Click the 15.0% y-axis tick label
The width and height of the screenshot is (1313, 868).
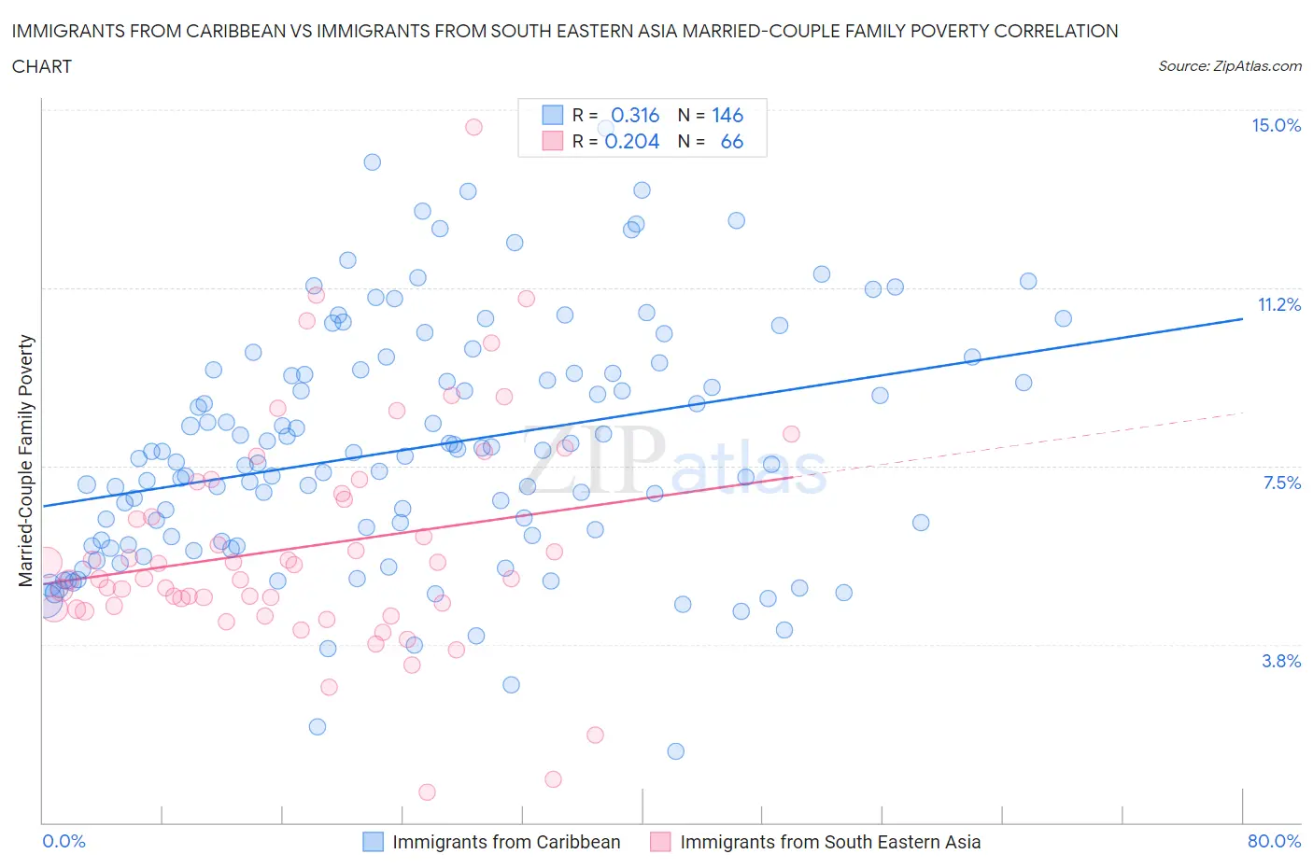(1276, 126)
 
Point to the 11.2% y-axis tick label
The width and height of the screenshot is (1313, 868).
(1278, 304)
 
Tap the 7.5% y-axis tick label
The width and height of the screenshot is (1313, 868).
(1281, 483)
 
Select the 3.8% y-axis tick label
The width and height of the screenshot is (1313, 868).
(1281, 661)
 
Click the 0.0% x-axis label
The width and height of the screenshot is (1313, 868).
(64, 841)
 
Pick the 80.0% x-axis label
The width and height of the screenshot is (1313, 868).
(1274, 841)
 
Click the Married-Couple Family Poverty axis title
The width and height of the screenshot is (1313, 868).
(26, 461)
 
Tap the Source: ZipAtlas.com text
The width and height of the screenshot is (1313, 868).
(1229, 66)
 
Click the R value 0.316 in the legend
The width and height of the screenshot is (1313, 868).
(635, 115)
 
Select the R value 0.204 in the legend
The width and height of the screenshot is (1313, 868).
(632, 141)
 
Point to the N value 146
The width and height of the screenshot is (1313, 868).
(727, 115)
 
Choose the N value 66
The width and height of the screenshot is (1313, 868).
(731, 141)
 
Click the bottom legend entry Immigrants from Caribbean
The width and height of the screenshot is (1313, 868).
(505, 842)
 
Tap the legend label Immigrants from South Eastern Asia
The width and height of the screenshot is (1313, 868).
(829, 842)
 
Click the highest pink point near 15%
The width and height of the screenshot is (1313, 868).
(473, 127)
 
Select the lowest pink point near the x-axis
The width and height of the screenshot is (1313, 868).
(427, 791)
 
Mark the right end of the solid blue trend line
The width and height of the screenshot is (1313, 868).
(1242, 319)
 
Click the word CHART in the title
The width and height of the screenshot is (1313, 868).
(42, 66)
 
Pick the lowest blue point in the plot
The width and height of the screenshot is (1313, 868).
(675, 751)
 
